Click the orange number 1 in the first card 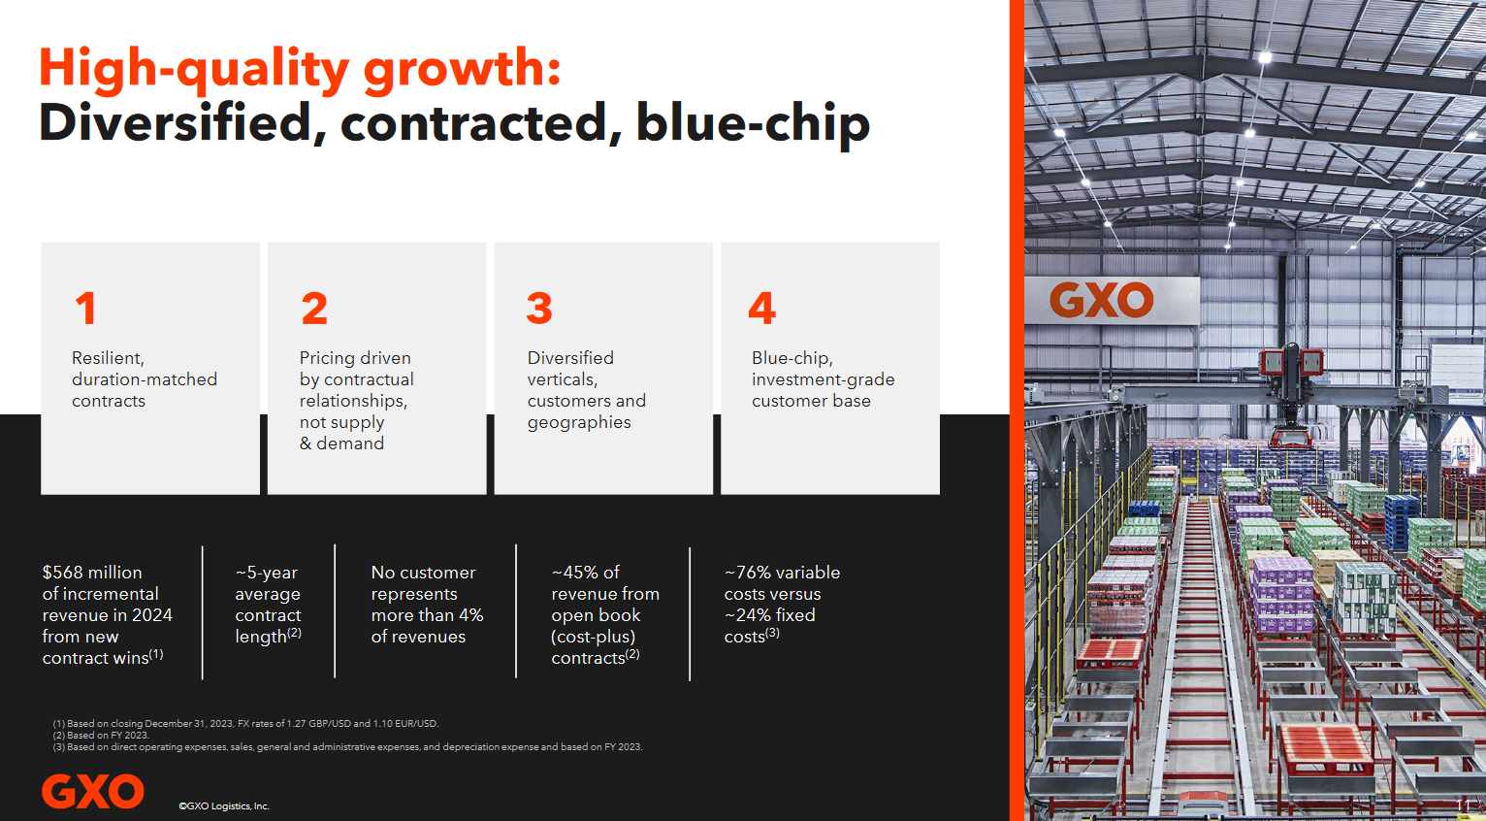coord(86,308)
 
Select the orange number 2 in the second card coord(313,308)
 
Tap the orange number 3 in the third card coord(539,308)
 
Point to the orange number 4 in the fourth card coord(761,308)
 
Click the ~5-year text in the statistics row coord(267,573)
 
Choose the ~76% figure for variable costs coord(749,573)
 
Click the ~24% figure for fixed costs coord(749,614)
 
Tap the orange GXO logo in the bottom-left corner coord(93,791)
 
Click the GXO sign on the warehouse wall coord(1102,301)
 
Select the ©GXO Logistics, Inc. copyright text coord(223,805)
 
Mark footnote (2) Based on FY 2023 coord(102,736)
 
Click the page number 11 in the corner coord(1463,805)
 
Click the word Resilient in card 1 coord(108,358)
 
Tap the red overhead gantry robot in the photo coord(1291,395)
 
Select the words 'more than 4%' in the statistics coord(427,614)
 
